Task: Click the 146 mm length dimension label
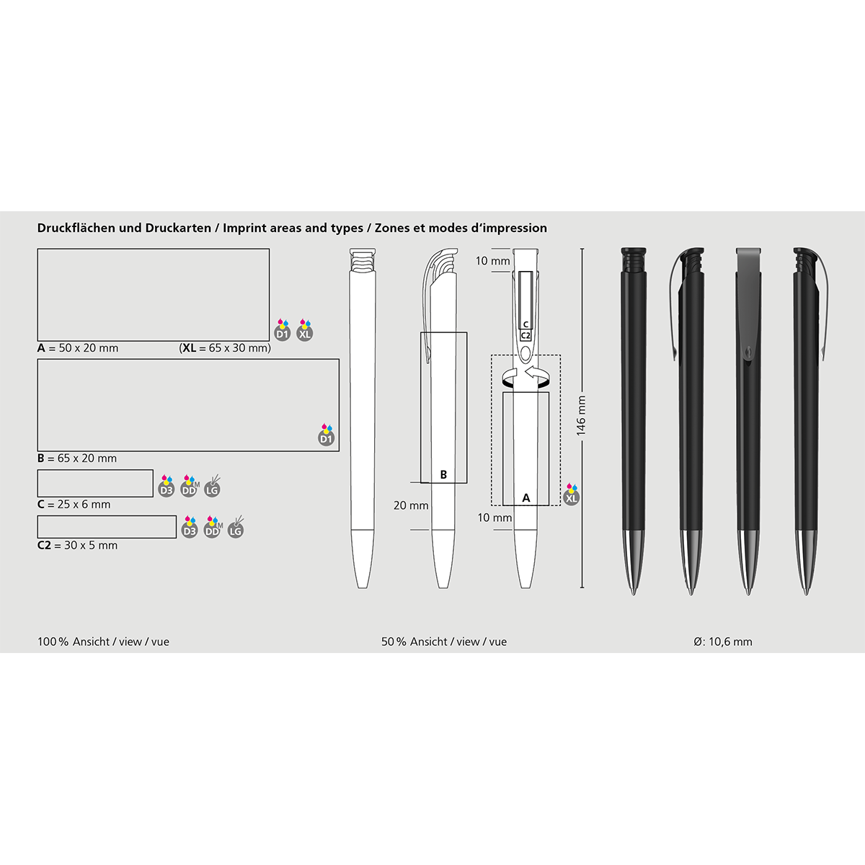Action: (581, 416)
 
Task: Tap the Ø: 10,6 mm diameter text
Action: (723, 642)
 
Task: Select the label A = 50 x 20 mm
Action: (78, 348)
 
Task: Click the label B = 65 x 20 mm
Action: (76, 458)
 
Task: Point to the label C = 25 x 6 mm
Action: (74, 504)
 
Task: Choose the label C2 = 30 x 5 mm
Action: (77, 546)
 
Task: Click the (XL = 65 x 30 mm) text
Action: (225, 348)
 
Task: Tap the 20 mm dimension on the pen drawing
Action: (411, 505)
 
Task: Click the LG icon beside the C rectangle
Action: (212, 487)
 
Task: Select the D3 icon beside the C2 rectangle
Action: (190, 528)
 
